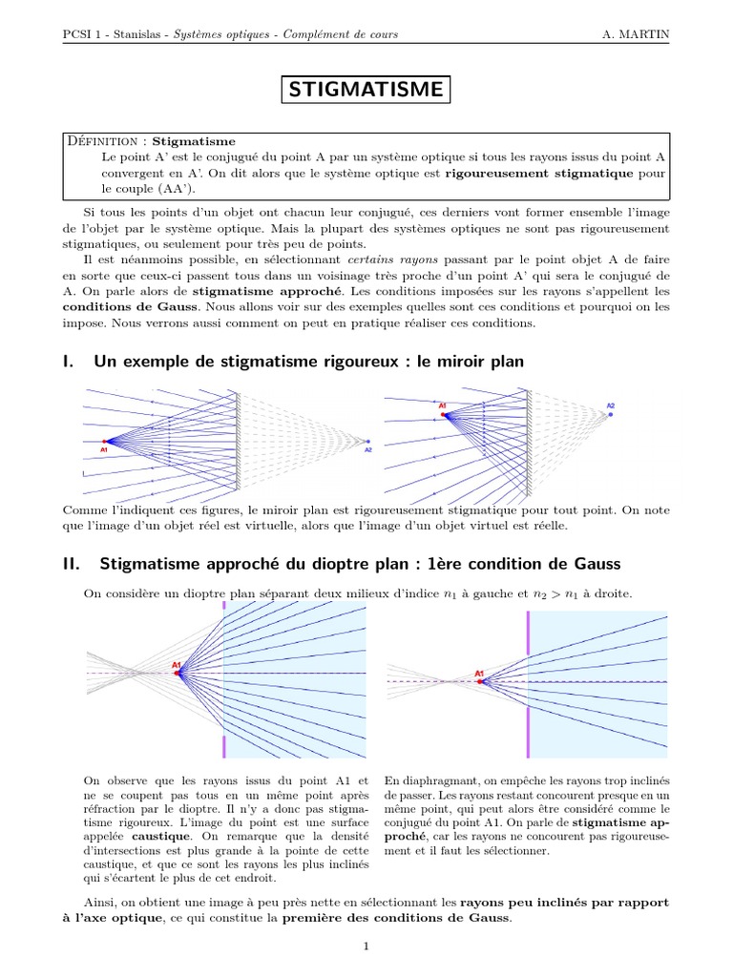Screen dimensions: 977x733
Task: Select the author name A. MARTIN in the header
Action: coord(636,34)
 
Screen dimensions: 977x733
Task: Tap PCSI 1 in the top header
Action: coord(80,34)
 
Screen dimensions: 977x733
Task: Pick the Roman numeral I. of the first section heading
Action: coord(68,362)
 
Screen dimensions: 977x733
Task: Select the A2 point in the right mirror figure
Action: coord(611,415)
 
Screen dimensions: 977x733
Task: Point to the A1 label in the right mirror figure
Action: coord(443,406)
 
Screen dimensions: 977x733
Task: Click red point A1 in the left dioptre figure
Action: coord(178,674)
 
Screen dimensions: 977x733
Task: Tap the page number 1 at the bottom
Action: coord(366,946)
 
